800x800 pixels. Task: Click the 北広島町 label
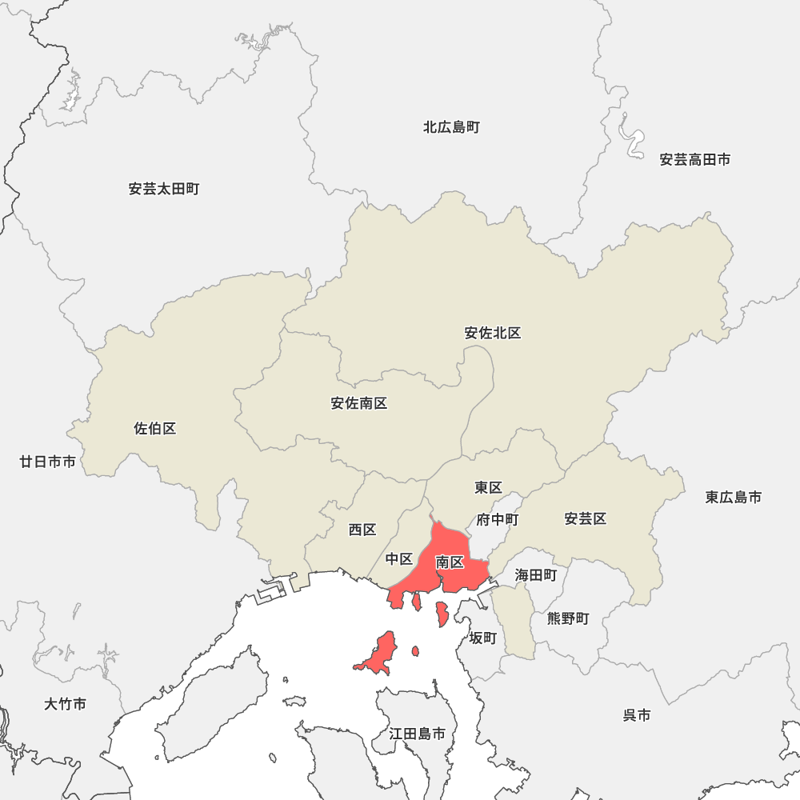point(451,127)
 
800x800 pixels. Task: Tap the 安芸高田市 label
point(694,160)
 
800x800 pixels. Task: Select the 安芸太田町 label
point(164,190)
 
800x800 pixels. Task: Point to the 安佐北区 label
point(493,333)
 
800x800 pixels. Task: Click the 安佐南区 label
point(359,403)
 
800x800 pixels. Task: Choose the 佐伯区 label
point(155,429)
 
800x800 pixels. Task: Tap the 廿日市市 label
point(48,462)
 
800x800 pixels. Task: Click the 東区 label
point(488,487)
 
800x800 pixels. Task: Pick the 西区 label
point(362,530)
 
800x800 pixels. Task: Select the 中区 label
point(399,558)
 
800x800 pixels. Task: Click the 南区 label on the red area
point(450,562)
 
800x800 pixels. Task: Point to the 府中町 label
point(498,520)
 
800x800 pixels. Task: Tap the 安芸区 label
point(586,519)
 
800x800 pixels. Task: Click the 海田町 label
point(536,574)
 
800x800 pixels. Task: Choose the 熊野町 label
point(568,618)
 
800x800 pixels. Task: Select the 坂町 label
point(483,638)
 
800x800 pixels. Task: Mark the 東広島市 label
point(734,498)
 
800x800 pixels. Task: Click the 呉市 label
point(637,715)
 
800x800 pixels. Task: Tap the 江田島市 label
point(418,733)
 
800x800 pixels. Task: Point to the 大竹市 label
point(66,704)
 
